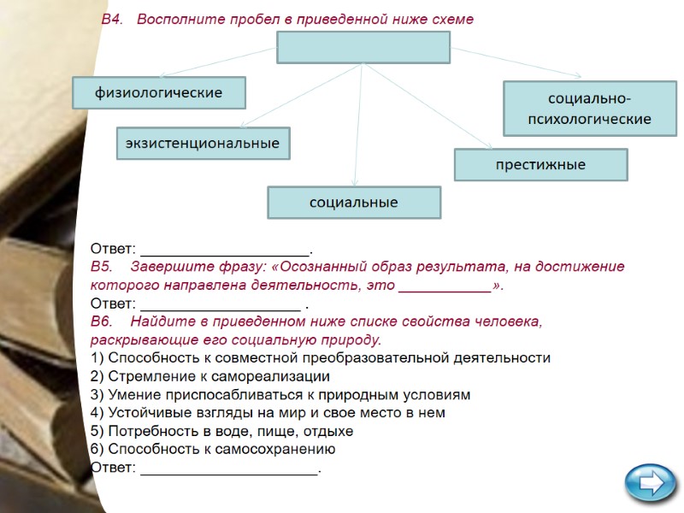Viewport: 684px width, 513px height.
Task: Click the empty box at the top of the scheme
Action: click(363, 47)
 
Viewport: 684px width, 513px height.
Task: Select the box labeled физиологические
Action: click(159, 92)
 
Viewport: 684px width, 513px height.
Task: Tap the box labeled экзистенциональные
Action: click(203, 144)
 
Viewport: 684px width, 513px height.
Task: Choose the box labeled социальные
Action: click(354, 203)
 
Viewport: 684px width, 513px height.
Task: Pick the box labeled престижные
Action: click(540, 164)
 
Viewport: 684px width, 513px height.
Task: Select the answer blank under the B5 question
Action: click(220, 305)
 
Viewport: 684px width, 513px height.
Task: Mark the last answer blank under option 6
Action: click(229, 469)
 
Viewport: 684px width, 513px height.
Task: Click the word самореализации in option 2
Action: click(277, 376)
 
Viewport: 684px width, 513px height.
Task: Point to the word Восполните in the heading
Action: click(179, 19)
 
